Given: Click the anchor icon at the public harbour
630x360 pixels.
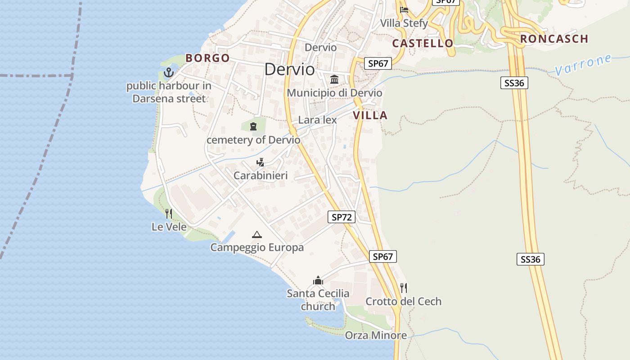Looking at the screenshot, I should click(x=168, y=72).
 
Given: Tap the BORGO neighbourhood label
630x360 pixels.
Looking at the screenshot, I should click(x=207, y=58).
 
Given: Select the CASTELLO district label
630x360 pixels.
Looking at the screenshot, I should click(x=423, y=43).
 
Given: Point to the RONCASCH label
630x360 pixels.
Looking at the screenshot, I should click(x=554, y=39).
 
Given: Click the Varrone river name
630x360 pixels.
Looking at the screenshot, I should click(x=583, y=65).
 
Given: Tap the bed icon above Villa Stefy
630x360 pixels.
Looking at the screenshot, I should click(x=404, y=9).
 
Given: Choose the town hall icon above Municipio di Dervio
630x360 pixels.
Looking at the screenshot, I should click(x=334, y=80).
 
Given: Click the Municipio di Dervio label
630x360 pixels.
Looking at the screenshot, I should click(x=334, y=93).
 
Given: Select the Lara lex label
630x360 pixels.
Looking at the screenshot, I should click(x=317, y=120).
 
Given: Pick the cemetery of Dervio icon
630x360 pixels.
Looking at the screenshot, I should click(x=253, y=126).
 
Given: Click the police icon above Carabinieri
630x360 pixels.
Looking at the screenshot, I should click(x=260, y=162).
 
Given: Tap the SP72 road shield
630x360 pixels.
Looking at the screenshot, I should click(x=342, y=217).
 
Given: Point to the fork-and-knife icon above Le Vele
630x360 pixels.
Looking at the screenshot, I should click(x=169, y=213).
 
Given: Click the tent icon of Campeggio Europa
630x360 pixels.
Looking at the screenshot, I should click(x=257, y=234).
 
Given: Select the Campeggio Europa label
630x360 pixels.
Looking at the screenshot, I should click(x=257, y=247).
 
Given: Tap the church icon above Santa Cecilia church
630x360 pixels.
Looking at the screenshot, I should click(x=318, y=280).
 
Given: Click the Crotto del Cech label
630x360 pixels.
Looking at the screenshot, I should click(x=403, y=301).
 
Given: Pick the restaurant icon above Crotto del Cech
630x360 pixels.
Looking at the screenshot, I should click(x=404, y=288).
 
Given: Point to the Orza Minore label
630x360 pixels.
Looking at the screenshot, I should click(x=376, y=335).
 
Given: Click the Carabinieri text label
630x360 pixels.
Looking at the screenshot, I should click(x=260, y=175).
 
